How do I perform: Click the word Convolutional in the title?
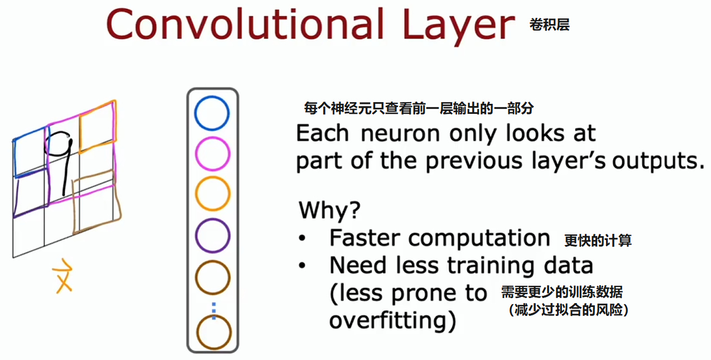click(245, 25)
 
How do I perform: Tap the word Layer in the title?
click(459, 27)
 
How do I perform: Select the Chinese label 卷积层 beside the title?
click(550, 25)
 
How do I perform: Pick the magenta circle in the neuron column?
click(195, 153)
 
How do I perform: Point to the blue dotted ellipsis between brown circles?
click(214, 310)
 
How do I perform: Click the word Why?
click(329, 210)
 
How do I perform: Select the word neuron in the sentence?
click(400, 133)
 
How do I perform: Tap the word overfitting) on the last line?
click(393, 320)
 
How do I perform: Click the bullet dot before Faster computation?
click(302, 238)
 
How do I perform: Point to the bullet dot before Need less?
click(302, 266)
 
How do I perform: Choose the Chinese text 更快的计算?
click(598, 241)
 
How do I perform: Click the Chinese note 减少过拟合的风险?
click(568, 310)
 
